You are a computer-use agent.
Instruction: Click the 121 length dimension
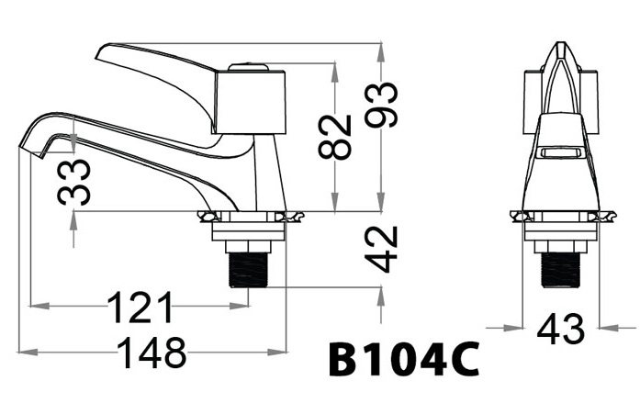coord(140,308)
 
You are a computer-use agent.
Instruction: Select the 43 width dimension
coord(561,330)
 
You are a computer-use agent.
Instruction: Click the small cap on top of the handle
coord(247,66)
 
